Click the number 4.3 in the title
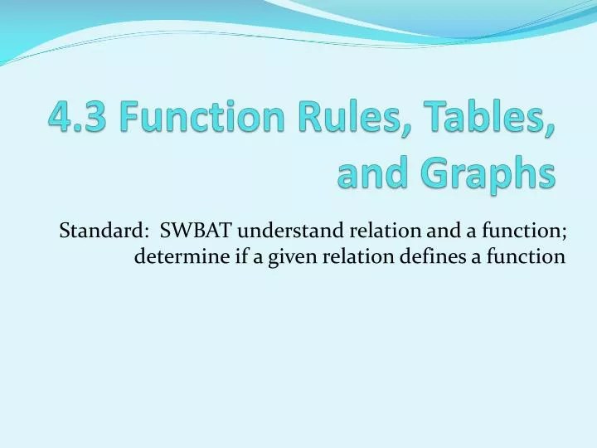(78, 116)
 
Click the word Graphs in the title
(488, 173)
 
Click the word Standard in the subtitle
(100, 231)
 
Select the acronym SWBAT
(196, 231)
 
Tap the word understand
(291, 231)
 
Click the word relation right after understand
(386, 231)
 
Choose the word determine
(182, 256)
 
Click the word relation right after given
(358, 256)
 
